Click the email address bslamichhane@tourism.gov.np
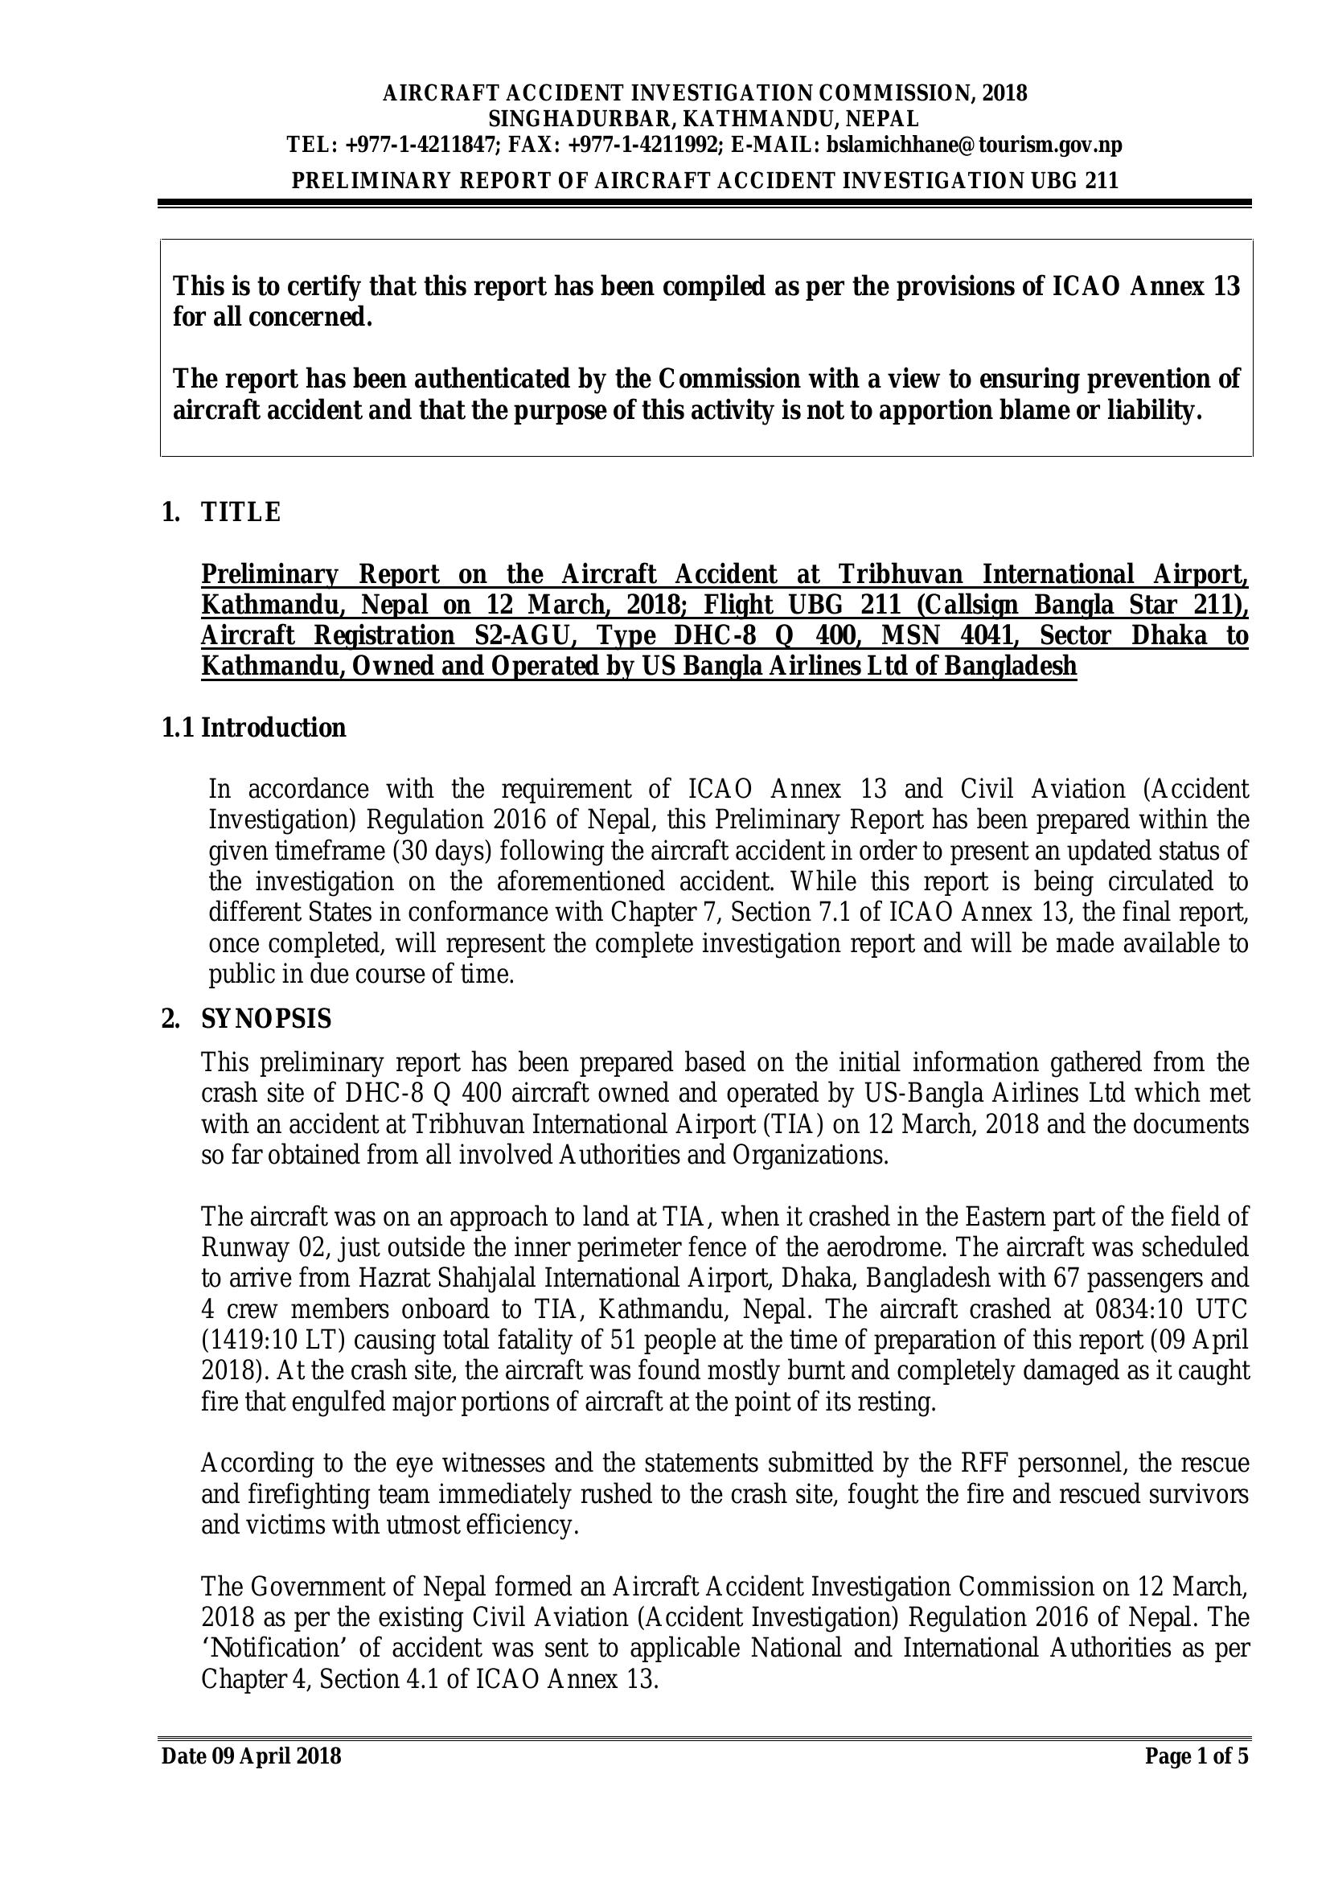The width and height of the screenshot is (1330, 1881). point(974,146)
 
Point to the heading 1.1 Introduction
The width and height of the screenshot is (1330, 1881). point(254,728)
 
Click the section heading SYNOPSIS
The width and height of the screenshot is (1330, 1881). point(266,1019)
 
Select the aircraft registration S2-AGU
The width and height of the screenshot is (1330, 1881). point(524,636)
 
